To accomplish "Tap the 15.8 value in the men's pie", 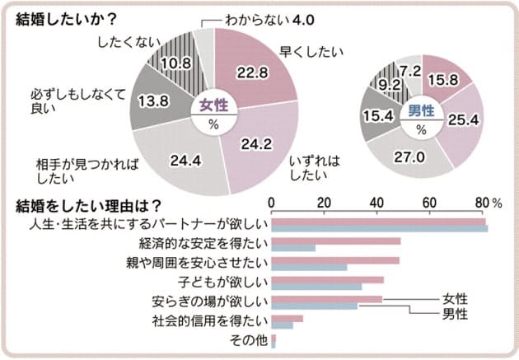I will (x=450, y=79).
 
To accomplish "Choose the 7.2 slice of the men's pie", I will (x=412, y=72).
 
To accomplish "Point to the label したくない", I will (x=122, y=40).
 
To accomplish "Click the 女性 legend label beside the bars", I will (x=455, y=298).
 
